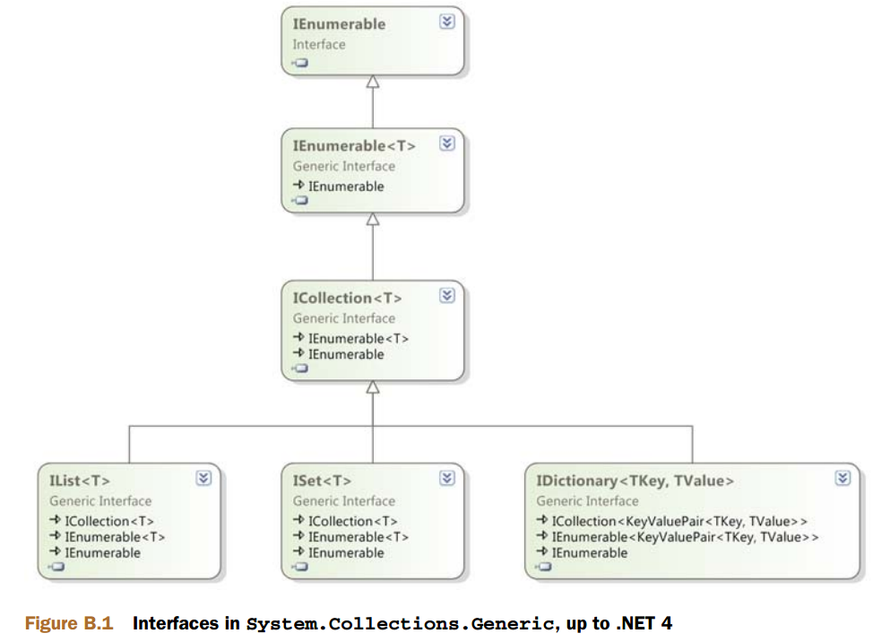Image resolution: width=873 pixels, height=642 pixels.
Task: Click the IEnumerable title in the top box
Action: click(339, 25)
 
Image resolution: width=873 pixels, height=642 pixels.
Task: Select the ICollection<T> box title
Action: click(348, 298)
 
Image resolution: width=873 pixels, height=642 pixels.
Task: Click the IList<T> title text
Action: click(80, 481)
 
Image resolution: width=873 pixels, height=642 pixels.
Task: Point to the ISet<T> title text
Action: click(322, 481)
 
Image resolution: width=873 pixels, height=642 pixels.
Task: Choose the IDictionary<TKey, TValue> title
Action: click(635, 481)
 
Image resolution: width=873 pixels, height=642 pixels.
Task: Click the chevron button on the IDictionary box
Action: click(843, 479)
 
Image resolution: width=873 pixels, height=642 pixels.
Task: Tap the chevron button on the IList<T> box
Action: click(203, 479)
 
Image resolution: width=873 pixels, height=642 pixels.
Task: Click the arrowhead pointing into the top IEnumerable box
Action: click(373, 82)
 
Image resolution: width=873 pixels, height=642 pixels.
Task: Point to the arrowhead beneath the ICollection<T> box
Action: click(373, 387)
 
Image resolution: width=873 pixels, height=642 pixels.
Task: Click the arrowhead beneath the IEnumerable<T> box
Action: click(373, 219)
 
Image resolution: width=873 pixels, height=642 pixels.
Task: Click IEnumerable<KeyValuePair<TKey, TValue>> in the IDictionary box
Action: click(685, 537)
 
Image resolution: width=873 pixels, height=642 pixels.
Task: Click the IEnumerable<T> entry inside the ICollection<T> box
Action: click(358, 338)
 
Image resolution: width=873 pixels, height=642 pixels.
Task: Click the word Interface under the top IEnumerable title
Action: click(318, 44)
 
